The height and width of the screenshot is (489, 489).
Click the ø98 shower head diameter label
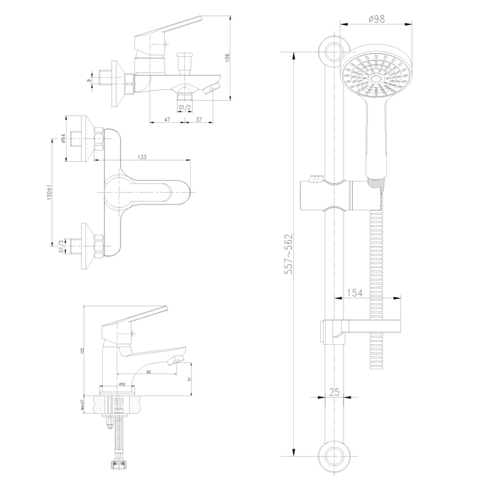pos(377,18)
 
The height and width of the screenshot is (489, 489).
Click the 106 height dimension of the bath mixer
pos(227,57)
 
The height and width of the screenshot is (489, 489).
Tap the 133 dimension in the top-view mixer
pos(142,157)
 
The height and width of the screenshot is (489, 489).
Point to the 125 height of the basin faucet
pos(81,351)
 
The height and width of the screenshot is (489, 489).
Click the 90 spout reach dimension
pos(149,372)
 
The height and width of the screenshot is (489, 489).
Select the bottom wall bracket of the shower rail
pos(334,455)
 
